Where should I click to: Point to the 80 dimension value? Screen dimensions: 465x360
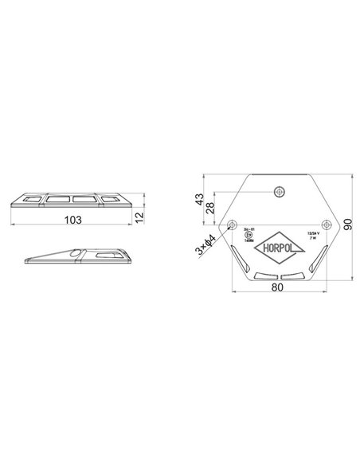tap(278, 287)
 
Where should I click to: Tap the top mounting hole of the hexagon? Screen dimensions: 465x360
tap(278, 191)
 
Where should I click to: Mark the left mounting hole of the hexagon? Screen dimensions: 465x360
tap(233, 223)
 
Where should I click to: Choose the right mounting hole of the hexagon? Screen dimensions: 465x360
tap(323, 223)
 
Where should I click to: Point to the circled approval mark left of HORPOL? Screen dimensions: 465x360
tap(248, 235)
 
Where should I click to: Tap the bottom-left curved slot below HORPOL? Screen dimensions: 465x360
tap(264, 276)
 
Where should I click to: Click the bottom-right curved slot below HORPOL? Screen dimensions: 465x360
tap(292, 276)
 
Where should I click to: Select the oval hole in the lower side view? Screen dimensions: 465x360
tap(74, 255)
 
